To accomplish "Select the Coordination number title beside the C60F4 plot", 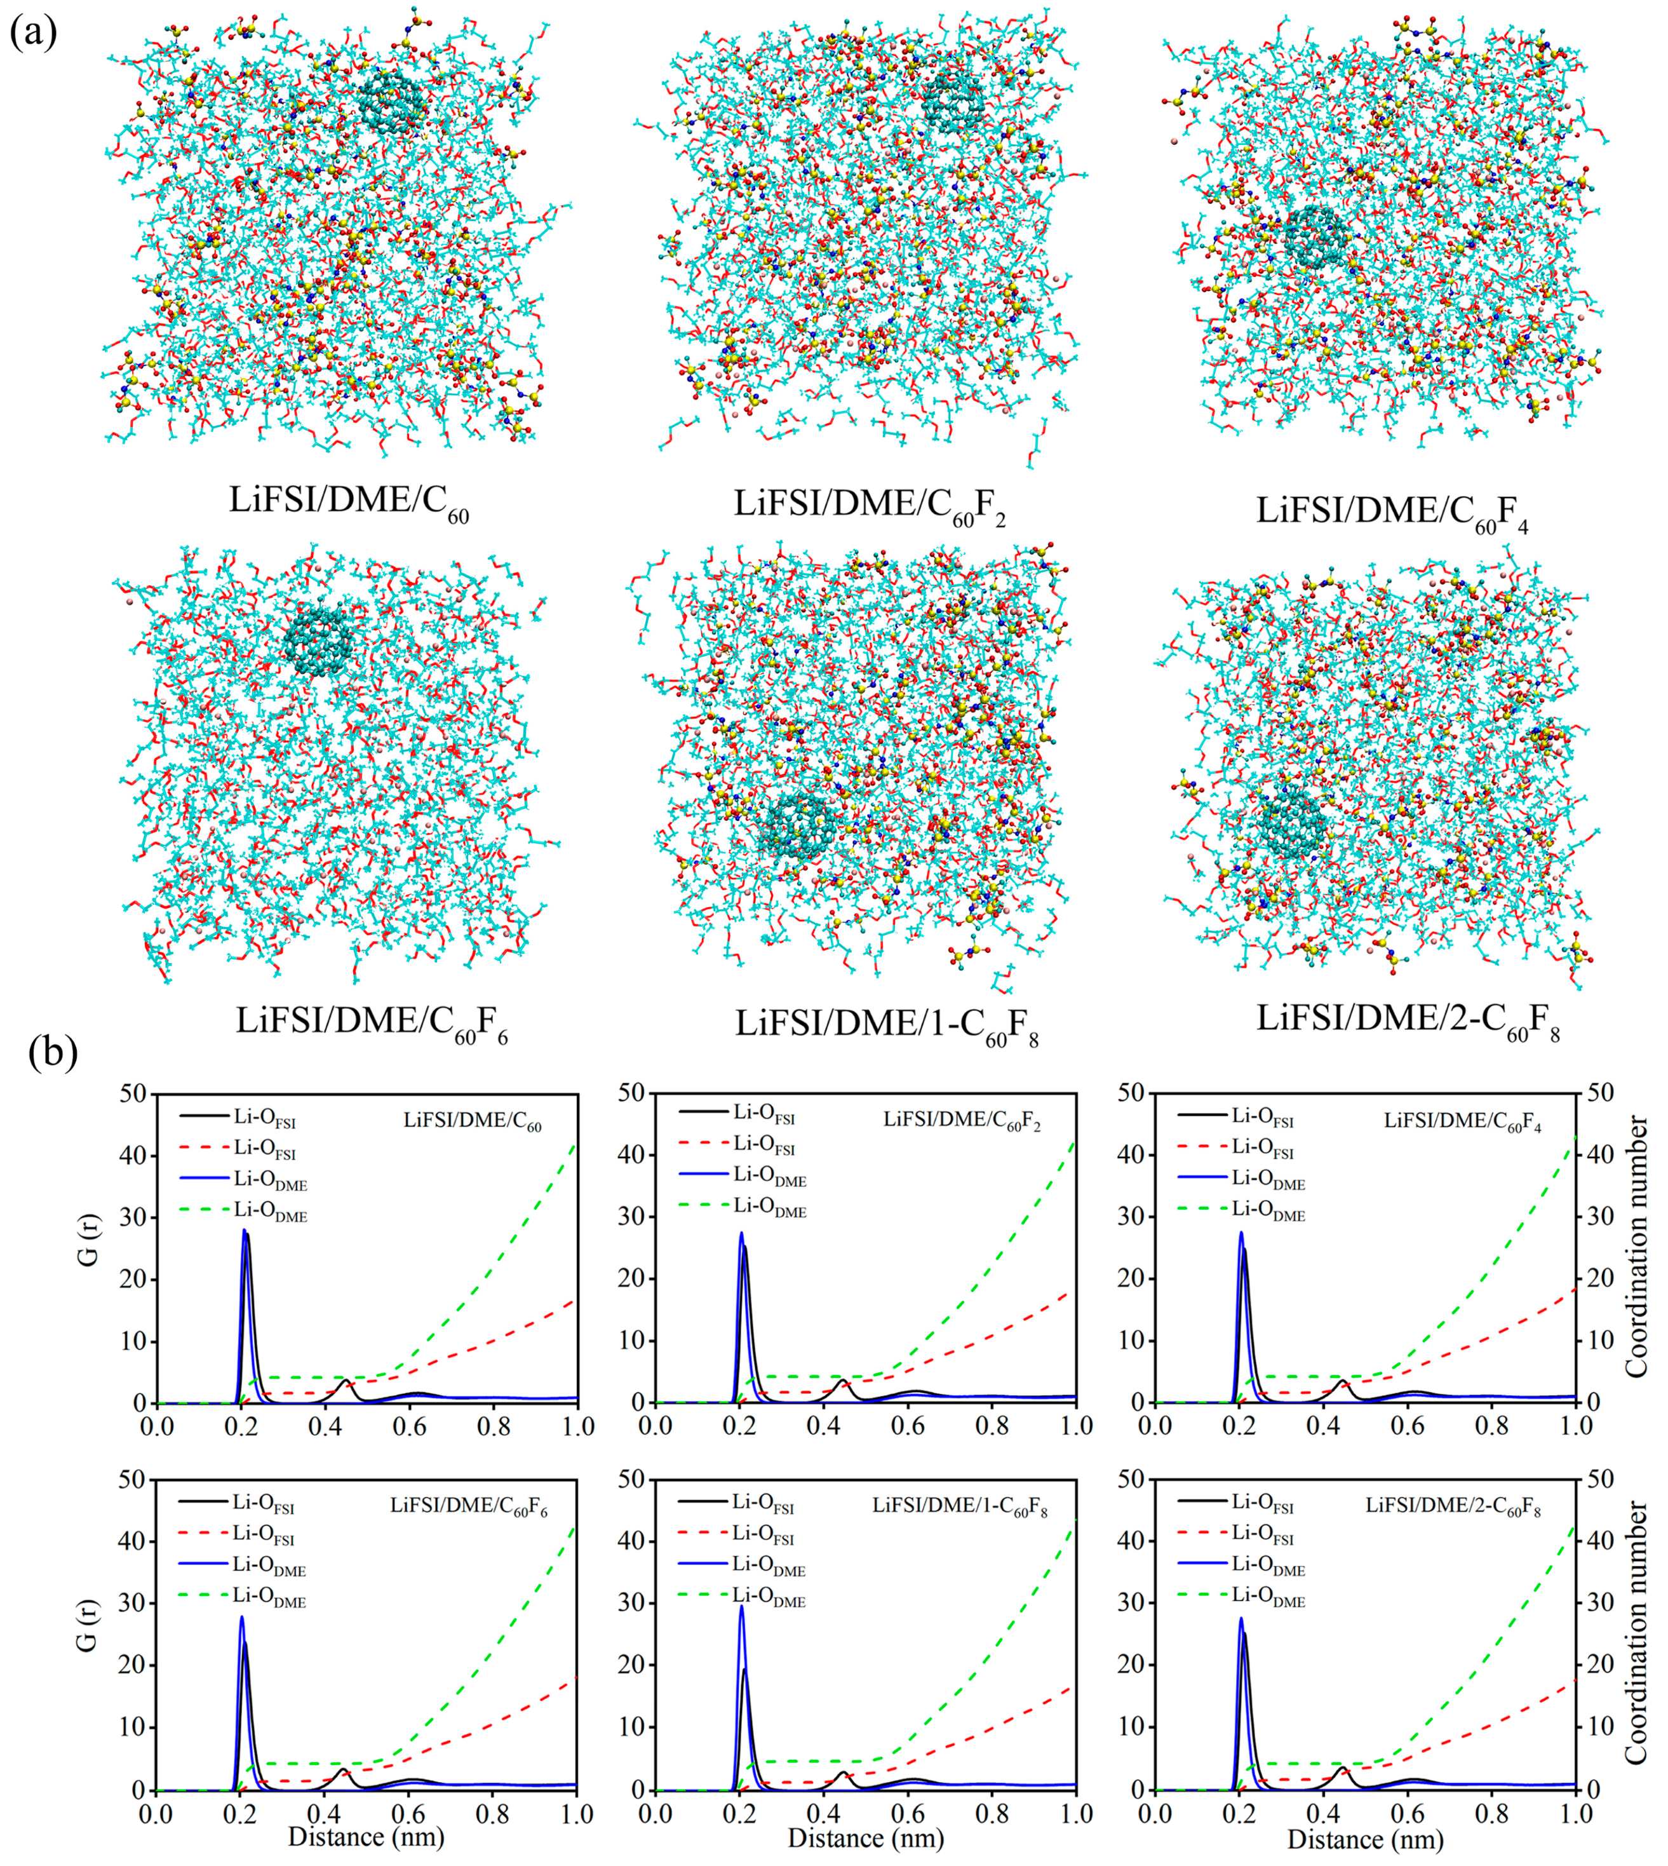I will (x=1636, y=1247).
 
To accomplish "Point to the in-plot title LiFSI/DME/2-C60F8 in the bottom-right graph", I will (x=1453, y=1508).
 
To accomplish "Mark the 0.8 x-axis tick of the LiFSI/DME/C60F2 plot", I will (x=993, y=1426).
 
